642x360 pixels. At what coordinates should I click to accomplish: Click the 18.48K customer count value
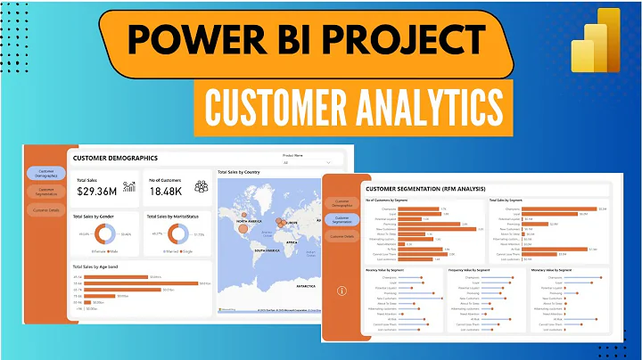point(166,190)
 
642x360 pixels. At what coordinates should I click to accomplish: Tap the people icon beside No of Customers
point(201,186)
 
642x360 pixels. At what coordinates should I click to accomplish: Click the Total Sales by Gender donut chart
point(105,234)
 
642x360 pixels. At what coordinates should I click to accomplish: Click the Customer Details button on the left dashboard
point(45,209)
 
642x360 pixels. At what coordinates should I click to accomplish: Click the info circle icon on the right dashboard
point(342,290)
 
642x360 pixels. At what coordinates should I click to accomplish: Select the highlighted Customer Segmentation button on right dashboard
point(342,219)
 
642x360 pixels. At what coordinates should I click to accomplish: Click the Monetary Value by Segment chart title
point(562,268)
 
